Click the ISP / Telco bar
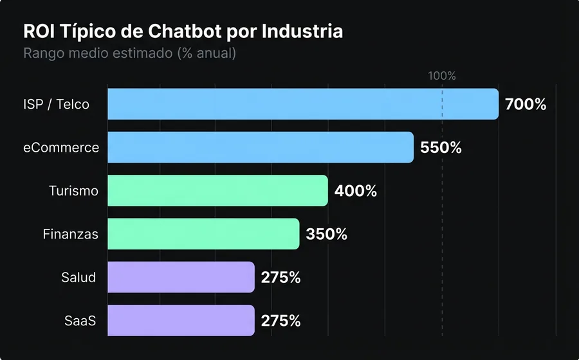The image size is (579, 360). [302, 104]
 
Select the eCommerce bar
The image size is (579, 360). [260, 147]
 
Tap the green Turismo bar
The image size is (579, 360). [217, 191]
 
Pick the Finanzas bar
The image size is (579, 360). [203, 234]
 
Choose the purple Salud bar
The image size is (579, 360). [181, 277]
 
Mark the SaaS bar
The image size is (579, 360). [181, 320]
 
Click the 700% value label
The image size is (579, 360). [526, 104]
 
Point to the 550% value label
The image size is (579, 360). [441, 147]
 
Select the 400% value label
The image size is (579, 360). [355, 191]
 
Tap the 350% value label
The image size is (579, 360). [327, 234]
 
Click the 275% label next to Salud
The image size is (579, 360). [280, 277]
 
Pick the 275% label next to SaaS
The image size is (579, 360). [280, 320]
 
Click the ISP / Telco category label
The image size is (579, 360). [57, 104]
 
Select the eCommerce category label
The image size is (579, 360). [61, 148]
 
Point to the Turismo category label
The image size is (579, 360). [73, 191]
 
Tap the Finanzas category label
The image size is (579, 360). [71, 234]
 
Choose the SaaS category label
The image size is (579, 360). [80, 320]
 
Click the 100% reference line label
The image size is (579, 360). [442, 76]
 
